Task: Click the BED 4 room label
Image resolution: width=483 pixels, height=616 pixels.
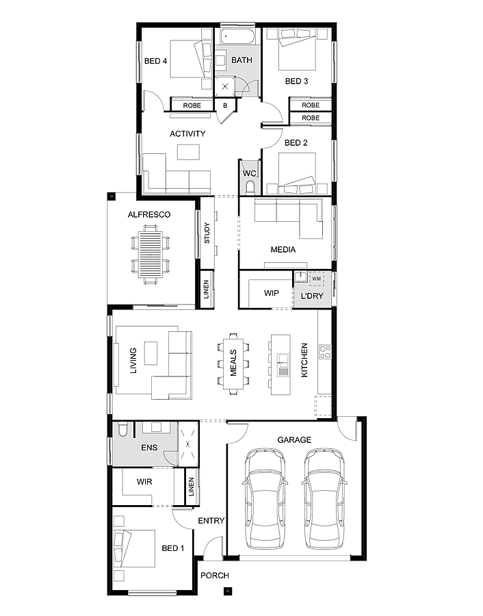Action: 156,62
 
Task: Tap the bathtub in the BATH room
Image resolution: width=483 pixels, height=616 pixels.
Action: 237,36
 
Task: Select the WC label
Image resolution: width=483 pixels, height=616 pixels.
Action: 249,174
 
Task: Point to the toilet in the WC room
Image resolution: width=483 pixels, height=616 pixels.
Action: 250,187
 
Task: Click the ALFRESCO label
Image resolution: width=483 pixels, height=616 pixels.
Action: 148,215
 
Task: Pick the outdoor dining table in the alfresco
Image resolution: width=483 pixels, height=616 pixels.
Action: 151,254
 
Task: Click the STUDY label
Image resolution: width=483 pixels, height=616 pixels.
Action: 207,233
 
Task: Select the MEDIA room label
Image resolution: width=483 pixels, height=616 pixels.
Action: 283,250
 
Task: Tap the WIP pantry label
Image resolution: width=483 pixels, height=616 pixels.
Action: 272,293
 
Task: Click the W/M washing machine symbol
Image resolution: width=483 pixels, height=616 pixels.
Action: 316,279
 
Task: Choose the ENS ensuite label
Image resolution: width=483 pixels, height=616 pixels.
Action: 148,448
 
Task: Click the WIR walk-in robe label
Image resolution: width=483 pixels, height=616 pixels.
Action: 144,482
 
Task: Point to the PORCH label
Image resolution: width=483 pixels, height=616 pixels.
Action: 215,576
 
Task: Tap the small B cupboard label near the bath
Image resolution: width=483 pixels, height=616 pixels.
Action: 226,105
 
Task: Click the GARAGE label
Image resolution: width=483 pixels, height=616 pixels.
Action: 294,440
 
